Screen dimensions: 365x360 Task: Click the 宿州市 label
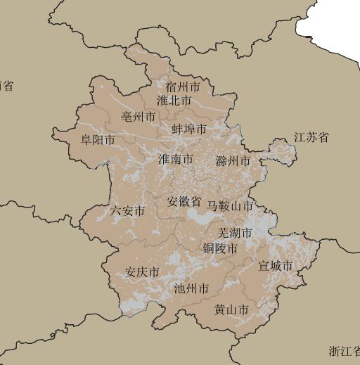(184, 87)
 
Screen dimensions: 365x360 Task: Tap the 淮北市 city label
(174, 101)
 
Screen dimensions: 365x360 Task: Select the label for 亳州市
(139, 116)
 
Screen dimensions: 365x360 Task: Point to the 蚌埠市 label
(189, 129)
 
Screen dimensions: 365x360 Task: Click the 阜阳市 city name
(98, 140)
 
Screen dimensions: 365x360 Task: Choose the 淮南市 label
(175, 160)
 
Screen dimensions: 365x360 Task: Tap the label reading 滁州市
(233, 161)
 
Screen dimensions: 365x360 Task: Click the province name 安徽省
(184, 201)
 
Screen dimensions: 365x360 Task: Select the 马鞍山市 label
(230, 206)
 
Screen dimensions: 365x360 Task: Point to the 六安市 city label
(128, 211)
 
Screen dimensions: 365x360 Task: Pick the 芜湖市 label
(235, 233)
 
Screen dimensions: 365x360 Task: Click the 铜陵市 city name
(220, 248)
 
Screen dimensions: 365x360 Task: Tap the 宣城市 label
(275, 266)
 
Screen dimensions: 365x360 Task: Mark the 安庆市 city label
(142, 272)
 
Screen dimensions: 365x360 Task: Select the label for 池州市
(191, 288)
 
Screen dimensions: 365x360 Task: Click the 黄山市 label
(231, 309)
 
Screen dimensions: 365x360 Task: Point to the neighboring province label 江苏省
(311, 137)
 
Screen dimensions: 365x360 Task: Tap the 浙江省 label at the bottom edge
(345, 351)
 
